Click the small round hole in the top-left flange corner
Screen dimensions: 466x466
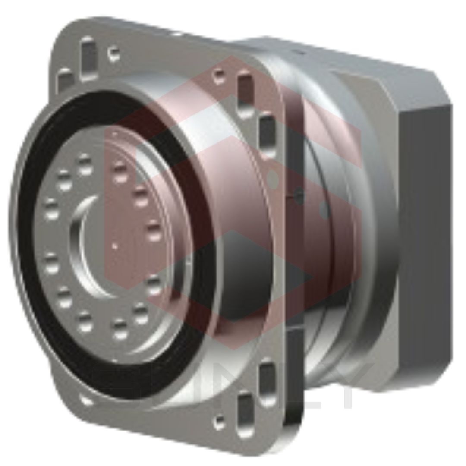(x=114, y=54)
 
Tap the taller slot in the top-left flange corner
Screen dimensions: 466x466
(x=88, y=58)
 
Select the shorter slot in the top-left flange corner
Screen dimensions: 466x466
(x=65, y=80)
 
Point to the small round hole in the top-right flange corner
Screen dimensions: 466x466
(x=219, y=76)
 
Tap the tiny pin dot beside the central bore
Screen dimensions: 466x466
(x=114, y=247)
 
